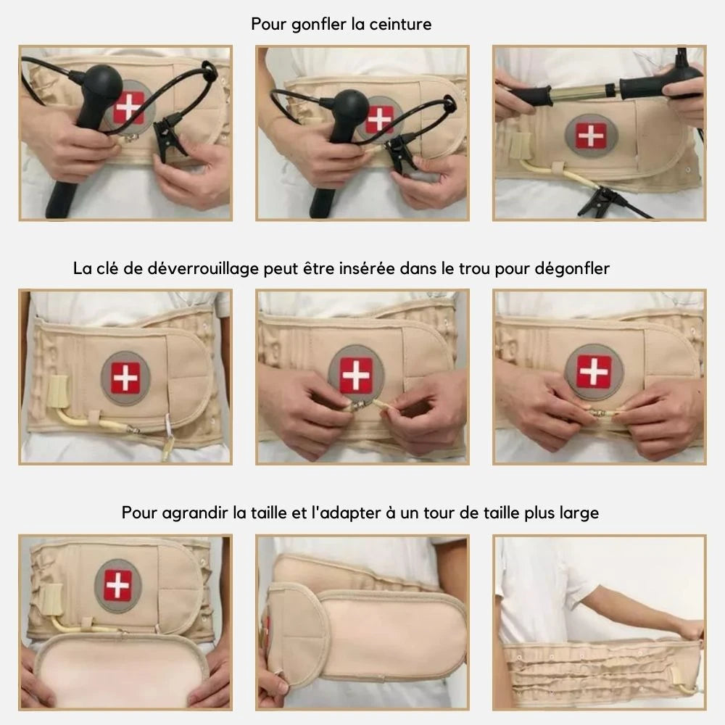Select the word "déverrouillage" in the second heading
click(x=203, y=269)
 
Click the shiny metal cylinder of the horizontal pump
click(x=584, y=91)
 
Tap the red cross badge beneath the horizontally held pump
click(x=592, y=136)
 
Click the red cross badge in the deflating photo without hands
click(x=125, y=378)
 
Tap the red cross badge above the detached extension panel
click(x=118, y=586)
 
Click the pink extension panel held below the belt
click(x=121, y=669)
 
